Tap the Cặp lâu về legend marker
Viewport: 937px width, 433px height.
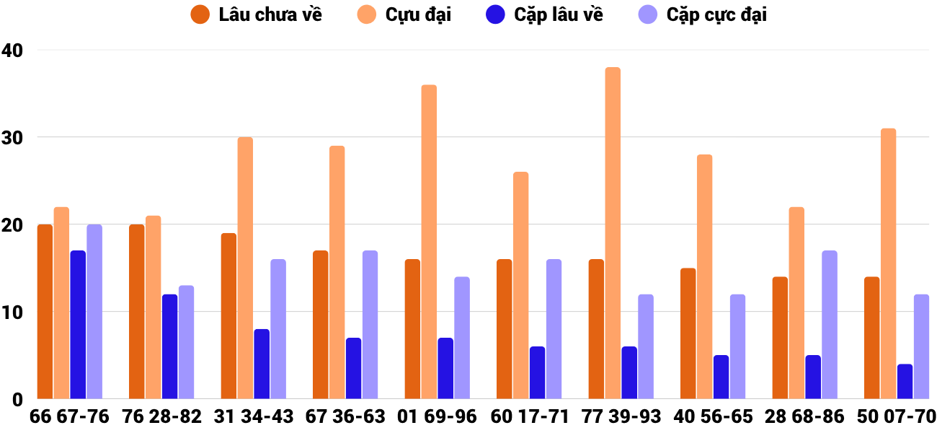point(496,14)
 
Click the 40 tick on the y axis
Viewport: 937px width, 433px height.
point(13,51)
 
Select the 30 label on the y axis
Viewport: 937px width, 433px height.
point(13,138)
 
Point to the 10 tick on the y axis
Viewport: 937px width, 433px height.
point(13,312)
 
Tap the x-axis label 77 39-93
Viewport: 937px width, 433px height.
point(621,417)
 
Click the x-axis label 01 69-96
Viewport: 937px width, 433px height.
point(438,417)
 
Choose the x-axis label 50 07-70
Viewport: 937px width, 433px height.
point(897,417)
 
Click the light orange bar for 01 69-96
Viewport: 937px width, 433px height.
point(429,242)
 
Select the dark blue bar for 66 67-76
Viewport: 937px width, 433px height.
point(78,325)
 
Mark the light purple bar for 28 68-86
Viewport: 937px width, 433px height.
point(830,325)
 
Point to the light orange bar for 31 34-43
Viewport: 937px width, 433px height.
point(245,268)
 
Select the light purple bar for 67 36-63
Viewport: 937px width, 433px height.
point(370,325)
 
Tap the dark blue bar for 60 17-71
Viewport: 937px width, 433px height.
point(537,372)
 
